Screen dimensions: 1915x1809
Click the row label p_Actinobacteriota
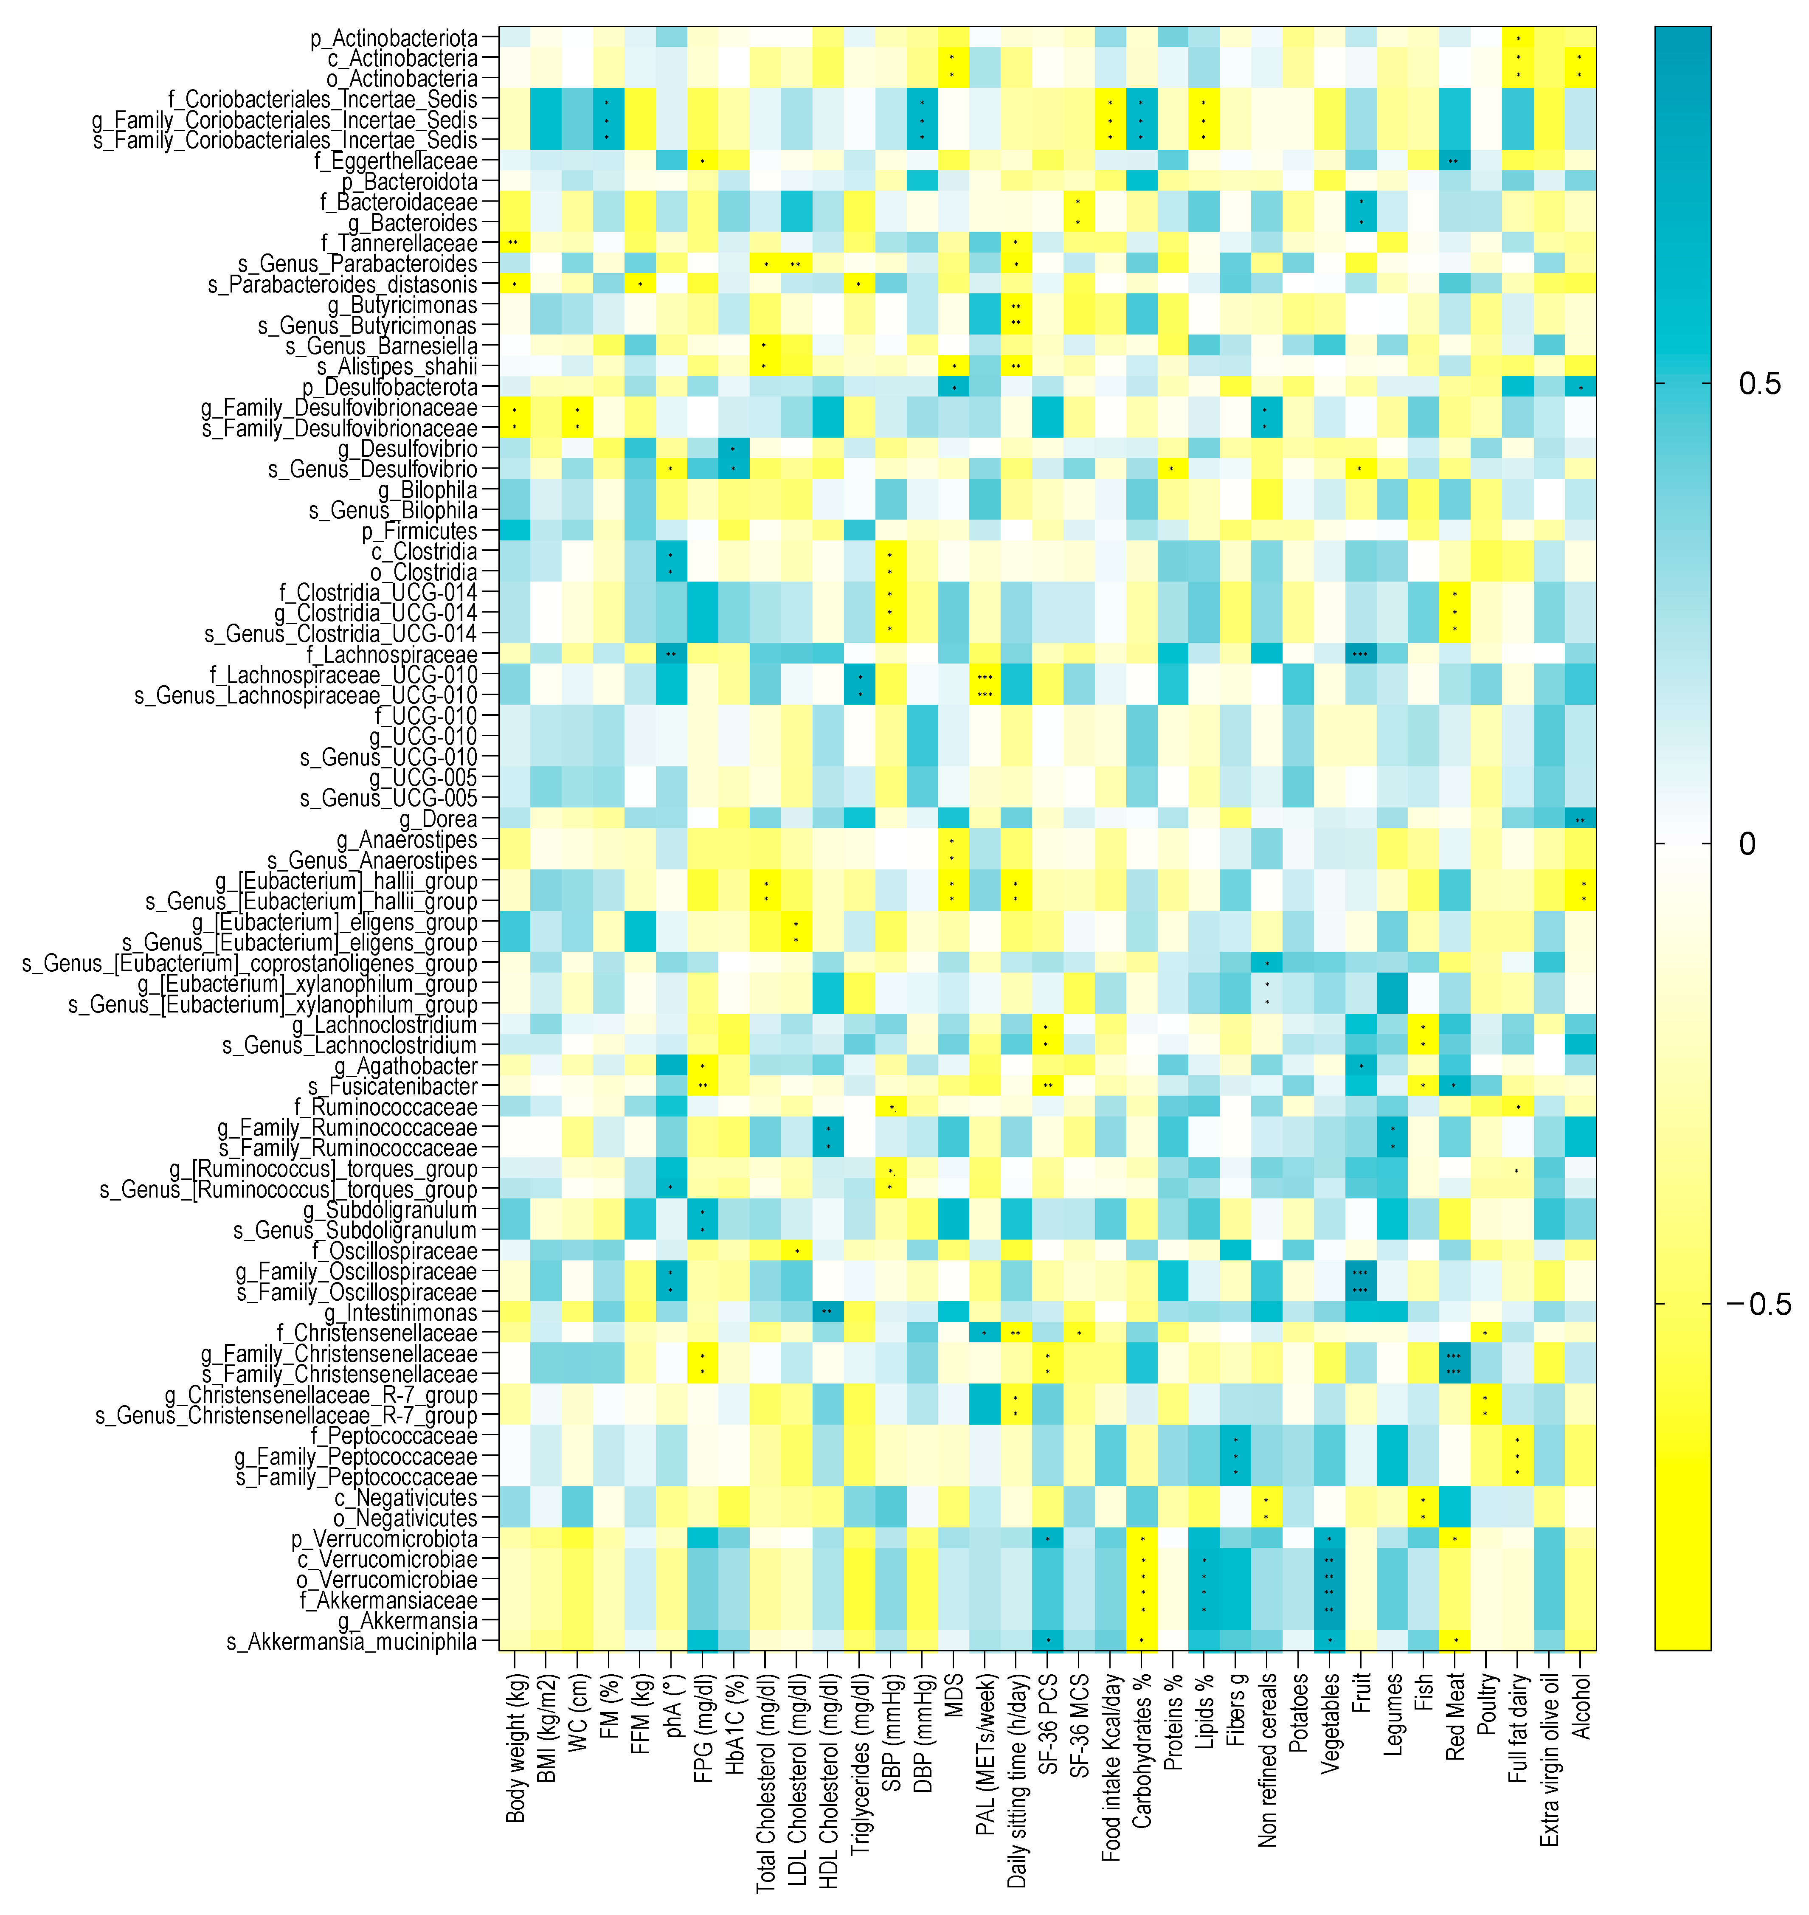coord(394,39)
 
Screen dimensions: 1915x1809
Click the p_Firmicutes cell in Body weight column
coord(515,531)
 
